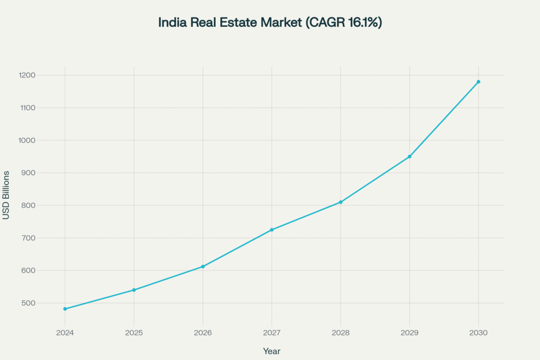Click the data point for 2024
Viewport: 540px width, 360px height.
click(x=65, y=309)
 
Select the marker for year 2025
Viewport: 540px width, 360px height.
click(x=134, y=290)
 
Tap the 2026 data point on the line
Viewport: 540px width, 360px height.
click(x=203, y=267)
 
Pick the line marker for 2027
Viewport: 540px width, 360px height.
click(x=272, y=230)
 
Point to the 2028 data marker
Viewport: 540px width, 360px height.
click(x=341, y=202)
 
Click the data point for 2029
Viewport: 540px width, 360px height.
click(x=410, y=157)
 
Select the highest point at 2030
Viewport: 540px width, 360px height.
click(x=478, y=82)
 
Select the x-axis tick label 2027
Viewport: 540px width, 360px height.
click(x=272, y=333)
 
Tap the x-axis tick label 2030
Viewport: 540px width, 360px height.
click(x=478, y=333)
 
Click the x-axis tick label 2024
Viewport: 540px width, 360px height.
click(x=65, y=333)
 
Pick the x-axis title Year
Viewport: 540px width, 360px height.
click(x=272, y=351)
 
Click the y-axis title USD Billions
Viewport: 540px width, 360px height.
click(x=6, y=195)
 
